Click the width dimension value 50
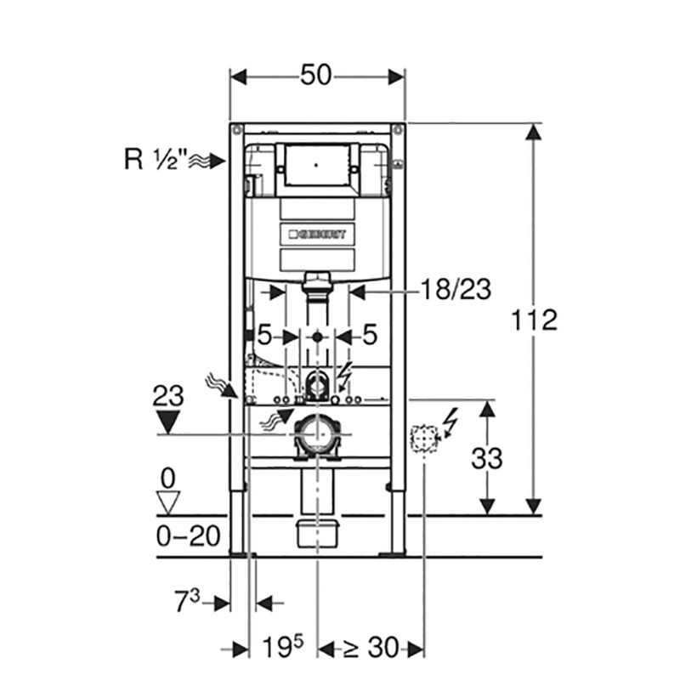coord(316,76)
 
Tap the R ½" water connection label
coord(155,160)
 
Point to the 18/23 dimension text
coord(456,290)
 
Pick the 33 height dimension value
coord(485,459)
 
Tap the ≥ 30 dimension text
coord(371,649)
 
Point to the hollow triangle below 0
coord(170,502)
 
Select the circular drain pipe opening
coord(316,435)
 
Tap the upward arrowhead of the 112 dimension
coord(533,133)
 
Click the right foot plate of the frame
coord(393,554)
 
